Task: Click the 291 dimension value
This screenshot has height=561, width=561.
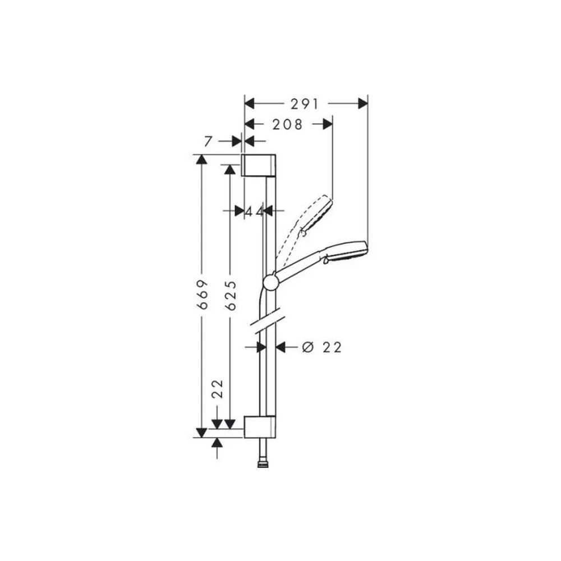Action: click(305, 104)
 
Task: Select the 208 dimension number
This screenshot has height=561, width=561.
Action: click(288, 125)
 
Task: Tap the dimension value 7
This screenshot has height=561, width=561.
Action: click(208, 142)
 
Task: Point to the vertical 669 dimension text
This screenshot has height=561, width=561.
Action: click(203, 295)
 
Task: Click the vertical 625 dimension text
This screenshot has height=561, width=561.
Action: click(231, 295)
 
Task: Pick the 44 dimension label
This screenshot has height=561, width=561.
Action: click(254, 211)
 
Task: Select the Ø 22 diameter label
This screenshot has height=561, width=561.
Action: click(322, 347)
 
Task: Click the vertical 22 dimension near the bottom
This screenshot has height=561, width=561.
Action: click(218, 389)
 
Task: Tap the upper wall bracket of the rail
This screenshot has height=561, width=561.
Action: click(259, 165)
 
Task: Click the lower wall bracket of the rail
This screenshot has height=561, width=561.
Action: click(260, 427)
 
